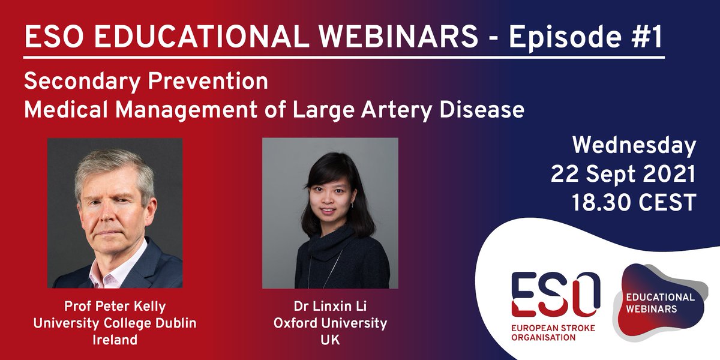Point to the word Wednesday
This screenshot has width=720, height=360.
[x=634, y=146]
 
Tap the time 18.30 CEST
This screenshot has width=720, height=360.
[x=634, y=202]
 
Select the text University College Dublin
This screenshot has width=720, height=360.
[x=115, y=323]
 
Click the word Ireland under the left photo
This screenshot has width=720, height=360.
[x=115, y=340]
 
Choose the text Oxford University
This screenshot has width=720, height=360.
[x=330, y=323]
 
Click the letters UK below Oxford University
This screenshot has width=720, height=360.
[x=330, y=340]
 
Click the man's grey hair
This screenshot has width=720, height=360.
[x=114, y=165]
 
